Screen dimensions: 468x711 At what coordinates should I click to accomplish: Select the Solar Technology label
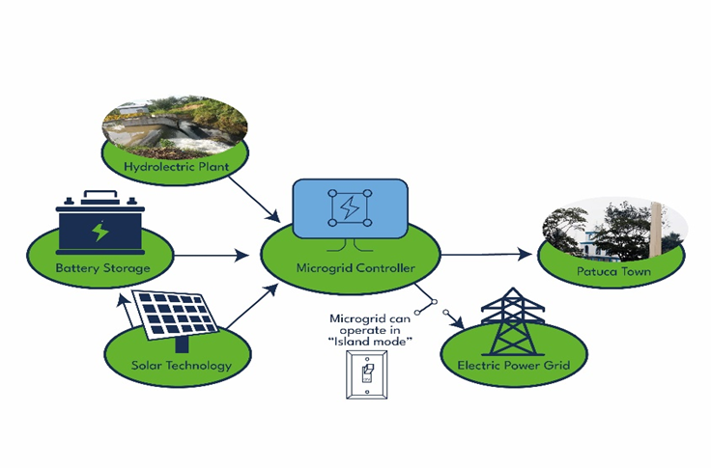(182, 365)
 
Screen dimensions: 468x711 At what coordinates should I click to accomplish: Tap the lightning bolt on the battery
(100, 233)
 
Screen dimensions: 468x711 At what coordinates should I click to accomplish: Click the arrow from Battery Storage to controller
(212, 256)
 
